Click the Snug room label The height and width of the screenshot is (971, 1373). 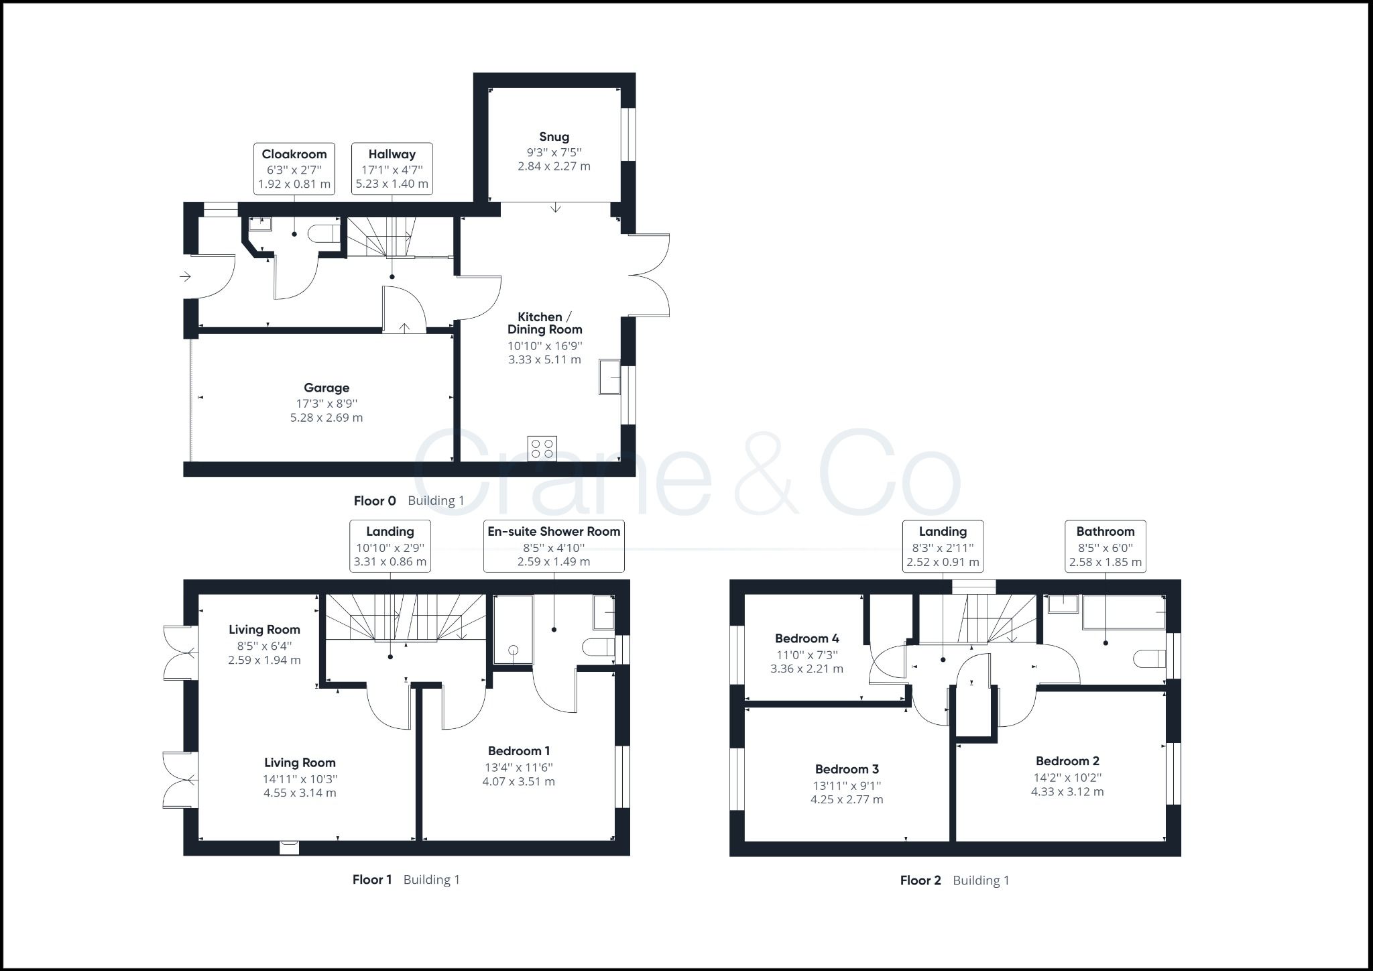click(554, 137)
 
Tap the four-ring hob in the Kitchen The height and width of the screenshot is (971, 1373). click(542, 449)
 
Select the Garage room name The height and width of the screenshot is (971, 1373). click(326, 388)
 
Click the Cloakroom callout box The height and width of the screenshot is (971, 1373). click(294, 168)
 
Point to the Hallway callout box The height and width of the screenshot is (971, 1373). click(392, 168)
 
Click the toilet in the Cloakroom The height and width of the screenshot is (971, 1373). click(324, 234)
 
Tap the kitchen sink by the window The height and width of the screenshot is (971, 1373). click(610, 378)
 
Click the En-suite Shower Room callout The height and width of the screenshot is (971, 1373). click(554, 546)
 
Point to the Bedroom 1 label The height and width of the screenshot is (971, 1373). click(519, 751)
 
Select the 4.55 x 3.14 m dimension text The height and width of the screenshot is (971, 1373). click(300, 793)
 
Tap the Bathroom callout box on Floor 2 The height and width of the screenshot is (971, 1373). click(1106, 546)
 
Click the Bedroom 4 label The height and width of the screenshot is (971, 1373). click(807, 638)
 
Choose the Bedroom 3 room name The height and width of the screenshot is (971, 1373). click(847, 769)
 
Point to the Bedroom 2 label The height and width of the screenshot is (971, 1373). click(1067, 761)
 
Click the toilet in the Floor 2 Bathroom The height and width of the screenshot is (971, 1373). click(1148, 659)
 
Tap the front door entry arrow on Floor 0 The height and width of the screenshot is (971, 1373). click(186, 276)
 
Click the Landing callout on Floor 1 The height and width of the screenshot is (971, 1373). click(390, 546)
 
